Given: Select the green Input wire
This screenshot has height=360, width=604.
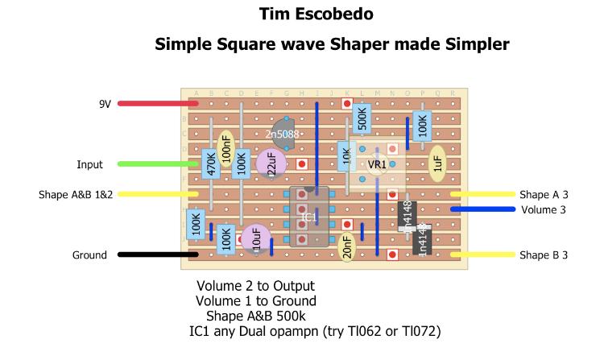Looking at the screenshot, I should tap(158, 164).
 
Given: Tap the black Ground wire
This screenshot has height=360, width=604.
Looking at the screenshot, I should tap(158, 255).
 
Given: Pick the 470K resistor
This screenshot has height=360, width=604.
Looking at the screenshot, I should tap(211, 163).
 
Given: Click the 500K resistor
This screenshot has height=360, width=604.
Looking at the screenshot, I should tap(362, 119).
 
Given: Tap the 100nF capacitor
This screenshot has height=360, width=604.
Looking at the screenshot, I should tap(226, 150).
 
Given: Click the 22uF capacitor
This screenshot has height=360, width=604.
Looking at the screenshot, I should tap(271, 164).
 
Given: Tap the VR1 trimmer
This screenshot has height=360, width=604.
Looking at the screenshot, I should tap(377, 165).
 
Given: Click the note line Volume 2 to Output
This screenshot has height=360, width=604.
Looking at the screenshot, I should tap(255, 286).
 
